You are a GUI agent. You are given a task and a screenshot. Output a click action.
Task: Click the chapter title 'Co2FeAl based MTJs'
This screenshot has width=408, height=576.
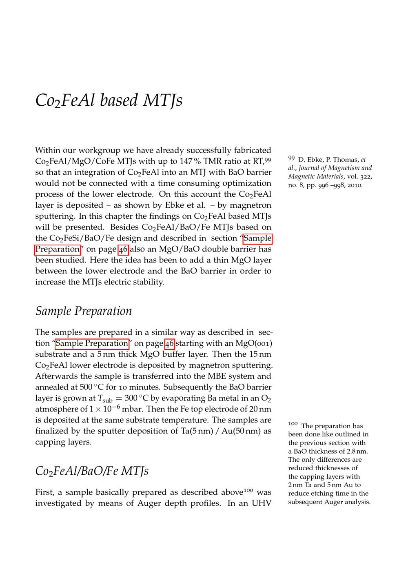point(109,100)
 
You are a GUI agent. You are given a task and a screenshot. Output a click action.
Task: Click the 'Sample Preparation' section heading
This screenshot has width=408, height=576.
point(84,311)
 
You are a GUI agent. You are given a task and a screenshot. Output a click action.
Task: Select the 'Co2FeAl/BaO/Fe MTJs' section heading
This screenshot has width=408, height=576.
point(92,471)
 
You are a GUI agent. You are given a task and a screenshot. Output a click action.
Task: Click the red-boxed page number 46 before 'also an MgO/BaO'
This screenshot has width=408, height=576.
point(123,249)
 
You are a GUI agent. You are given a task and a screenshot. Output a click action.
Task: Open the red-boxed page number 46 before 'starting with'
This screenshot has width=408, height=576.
point(169,343)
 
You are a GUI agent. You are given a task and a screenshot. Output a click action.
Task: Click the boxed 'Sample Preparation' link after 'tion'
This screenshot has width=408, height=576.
point(92,343)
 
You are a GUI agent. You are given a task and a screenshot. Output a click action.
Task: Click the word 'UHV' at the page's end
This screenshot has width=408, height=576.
point(261,503)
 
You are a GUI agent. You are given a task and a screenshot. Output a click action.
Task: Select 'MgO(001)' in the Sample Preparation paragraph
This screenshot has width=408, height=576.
point(254,343)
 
